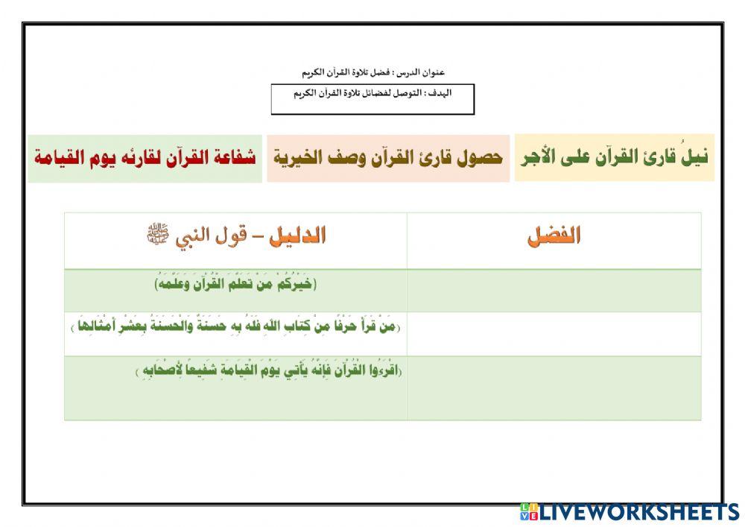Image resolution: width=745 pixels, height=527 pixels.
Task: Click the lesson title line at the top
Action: (372, 72)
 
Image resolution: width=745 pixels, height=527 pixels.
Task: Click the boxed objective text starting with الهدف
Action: (372, 94)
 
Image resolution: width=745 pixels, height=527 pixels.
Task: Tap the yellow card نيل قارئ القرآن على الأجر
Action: (614, 157)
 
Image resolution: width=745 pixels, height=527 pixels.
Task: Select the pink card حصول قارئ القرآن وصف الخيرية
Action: (387, 157)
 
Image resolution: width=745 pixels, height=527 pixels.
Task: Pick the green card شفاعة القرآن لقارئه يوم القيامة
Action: (145, 157)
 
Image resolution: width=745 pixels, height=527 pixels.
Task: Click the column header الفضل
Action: (554, 237)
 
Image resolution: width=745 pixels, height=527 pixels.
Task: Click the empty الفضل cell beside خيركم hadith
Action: (554, 291)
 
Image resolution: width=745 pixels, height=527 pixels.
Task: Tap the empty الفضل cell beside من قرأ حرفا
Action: (554, 334)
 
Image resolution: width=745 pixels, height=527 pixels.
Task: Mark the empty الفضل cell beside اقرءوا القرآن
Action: (554, 388)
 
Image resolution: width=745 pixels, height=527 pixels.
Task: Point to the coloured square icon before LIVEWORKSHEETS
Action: (529, 511)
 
